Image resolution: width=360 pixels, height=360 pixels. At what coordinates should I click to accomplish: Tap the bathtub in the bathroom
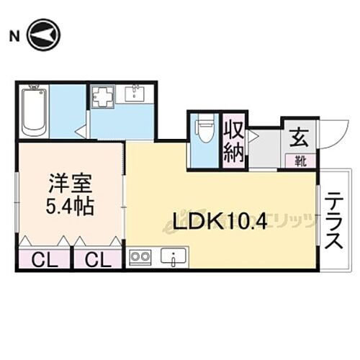click(x=34, y=111)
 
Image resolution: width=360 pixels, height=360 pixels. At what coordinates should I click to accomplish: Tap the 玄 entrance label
click(x=298, y=134)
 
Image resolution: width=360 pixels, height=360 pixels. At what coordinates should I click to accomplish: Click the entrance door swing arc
click(x=331, y=137)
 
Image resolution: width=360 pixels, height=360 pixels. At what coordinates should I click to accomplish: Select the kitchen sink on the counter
click(x=174, y=256)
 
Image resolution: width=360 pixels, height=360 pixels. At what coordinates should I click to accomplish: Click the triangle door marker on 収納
click(x=252, y=135)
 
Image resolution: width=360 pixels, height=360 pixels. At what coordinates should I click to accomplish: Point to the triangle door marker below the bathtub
click(x=81, y=132)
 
